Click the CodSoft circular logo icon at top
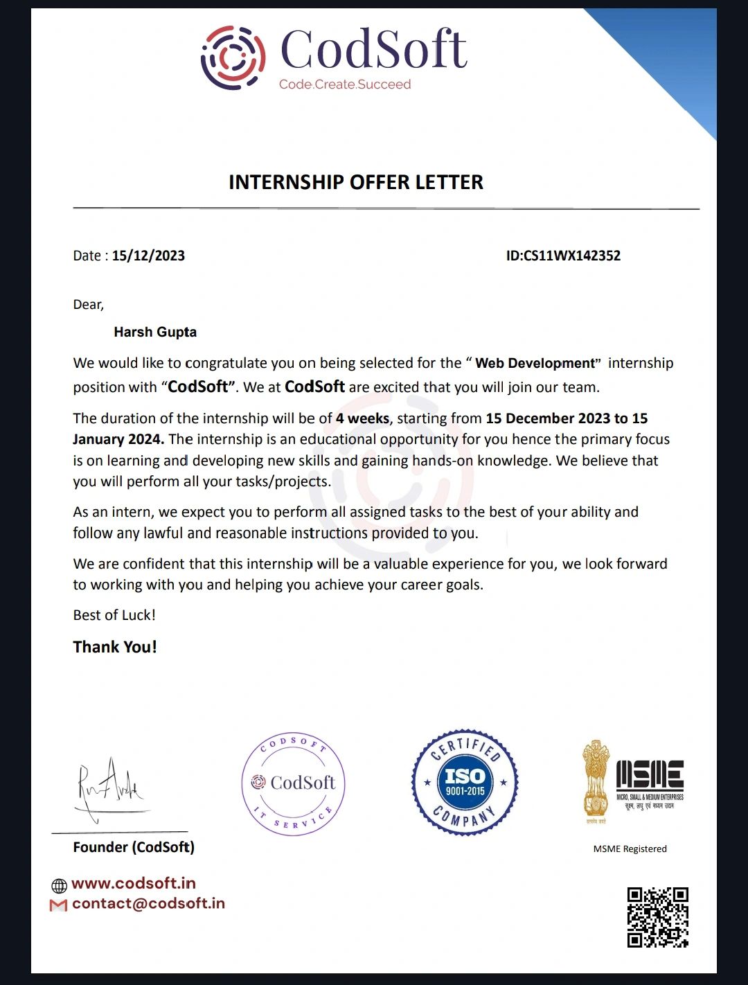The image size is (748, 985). (x=233, y=58)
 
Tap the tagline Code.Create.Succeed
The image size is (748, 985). (x=345, y=85)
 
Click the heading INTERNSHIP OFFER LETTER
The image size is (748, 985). (x=356, y=182)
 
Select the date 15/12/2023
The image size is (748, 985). (x=148, y=256)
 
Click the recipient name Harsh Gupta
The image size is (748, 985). (x=155, y=332)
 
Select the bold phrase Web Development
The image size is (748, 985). (x=535, y=363)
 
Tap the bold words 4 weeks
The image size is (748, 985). (x=362, y=418)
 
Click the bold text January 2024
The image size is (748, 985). (x=118, y=439)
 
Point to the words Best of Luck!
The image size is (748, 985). (x=114, y=615)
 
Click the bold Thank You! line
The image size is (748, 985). (x=115, y=647)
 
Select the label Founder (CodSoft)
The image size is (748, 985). (x=134, y=847)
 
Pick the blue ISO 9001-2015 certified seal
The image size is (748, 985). (x=465, y=782)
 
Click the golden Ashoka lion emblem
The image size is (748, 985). (x=595, y=781)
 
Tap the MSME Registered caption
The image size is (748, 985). (x=630, y=849)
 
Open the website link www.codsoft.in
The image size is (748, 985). (x=133, y=883)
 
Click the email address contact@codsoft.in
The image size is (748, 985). (x=148, y=903)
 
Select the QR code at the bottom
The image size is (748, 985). (x=657, y=917)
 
